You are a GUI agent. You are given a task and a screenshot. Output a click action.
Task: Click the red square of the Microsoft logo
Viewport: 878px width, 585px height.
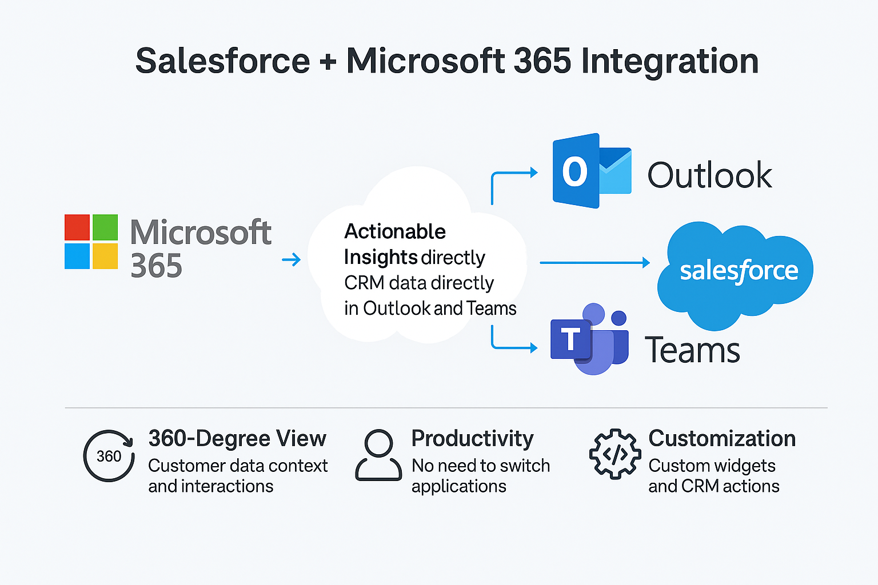click(x=77, y=227)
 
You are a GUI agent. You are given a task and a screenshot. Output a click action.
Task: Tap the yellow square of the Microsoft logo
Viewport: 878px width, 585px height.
click(x=105, y=257)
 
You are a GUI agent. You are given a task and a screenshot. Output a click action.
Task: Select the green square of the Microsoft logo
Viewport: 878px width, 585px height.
click(x=105, y=227)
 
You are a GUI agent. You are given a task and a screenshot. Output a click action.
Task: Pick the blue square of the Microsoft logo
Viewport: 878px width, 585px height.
click(x=77, y=257)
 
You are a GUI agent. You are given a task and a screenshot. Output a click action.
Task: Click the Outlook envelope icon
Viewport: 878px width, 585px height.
click(x=592, y=171)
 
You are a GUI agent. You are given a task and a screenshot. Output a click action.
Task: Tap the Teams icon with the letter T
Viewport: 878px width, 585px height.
click(x=589, y=339)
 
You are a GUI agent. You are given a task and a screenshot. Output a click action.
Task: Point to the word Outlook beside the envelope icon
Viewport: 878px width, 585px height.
click(x=710, y=175)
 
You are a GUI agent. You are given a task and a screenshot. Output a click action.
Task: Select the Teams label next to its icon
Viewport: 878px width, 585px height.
click(x=692, y=350)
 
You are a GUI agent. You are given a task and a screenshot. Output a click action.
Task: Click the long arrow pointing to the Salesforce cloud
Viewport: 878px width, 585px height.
click(x=595, y=263)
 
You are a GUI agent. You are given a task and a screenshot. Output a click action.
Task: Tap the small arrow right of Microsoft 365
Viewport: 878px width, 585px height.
click(x=291, y=259)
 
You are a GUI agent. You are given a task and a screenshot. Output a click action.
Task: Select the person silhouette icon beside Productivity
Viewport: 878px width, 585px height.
click(x=378, y=455)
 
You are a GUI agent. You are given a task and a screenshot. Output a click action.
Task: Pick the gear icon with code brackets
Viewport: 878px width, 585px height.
click(x=615, y=454)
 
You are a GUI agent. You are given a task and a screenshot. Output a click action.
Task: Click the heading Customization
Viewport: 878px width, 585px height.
click(x=722, y=438)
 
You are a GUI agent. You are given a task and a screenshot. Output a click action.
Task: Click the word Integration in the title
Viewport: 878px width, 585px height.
click(x=670, y=62)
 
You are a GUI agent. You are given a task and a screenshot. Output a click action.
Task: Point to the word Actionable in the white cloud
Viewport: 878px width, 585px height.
click(x=395, y=231)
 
